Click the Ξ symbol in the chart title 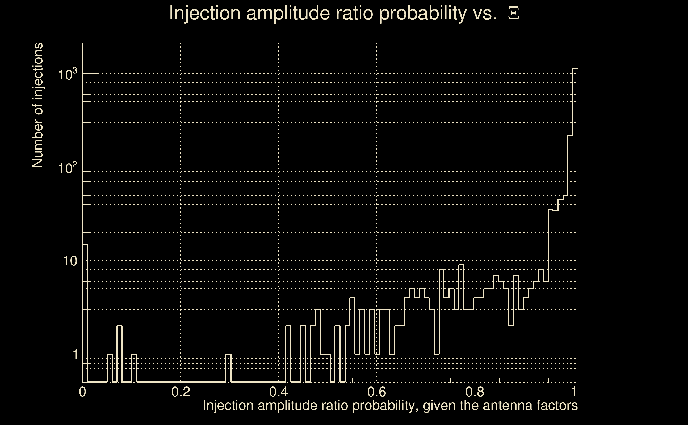pyautogui.click(x=514, y=13)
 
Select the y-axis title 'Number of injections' pyautogui.click(x=37, y=105)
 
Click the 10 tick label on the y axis pyautogui.click(x=70, y=261)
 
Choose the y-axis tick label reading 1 pyautogui.click(x=75, y=355)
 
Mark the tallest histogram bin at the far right pyautogui.click(x=575, y=225)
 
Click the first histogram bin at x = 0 pyautogui.click(x=85, y=312)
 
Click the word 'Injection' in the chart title pyautogui.click(x=205, y=13)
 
